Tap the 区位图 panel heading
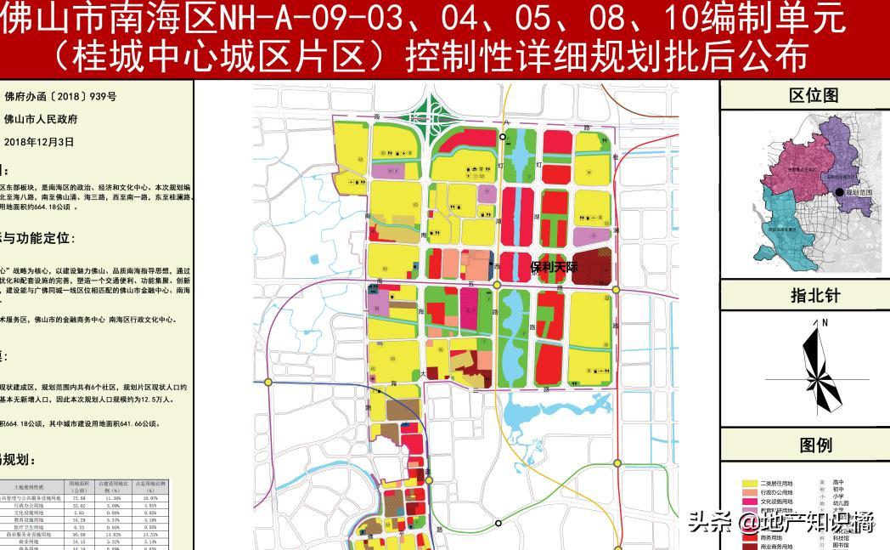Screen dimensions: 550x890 pyautogui.click(x=813, y=95)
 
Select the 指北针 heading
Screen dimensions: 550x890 pyautogui.click(x=813, y=296)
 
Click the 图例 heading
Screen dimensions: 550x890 pyautogui.click(x=814, y=445)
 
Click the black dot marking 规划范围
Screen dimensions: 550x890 pyautogui.click(x=840, y=193)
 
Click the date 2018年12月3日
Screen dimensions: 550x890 pyautogui.click(x=39, y=142)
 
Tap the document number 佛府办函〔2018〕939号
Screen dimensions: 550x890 pyautogui.click(x=59, y=97)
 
